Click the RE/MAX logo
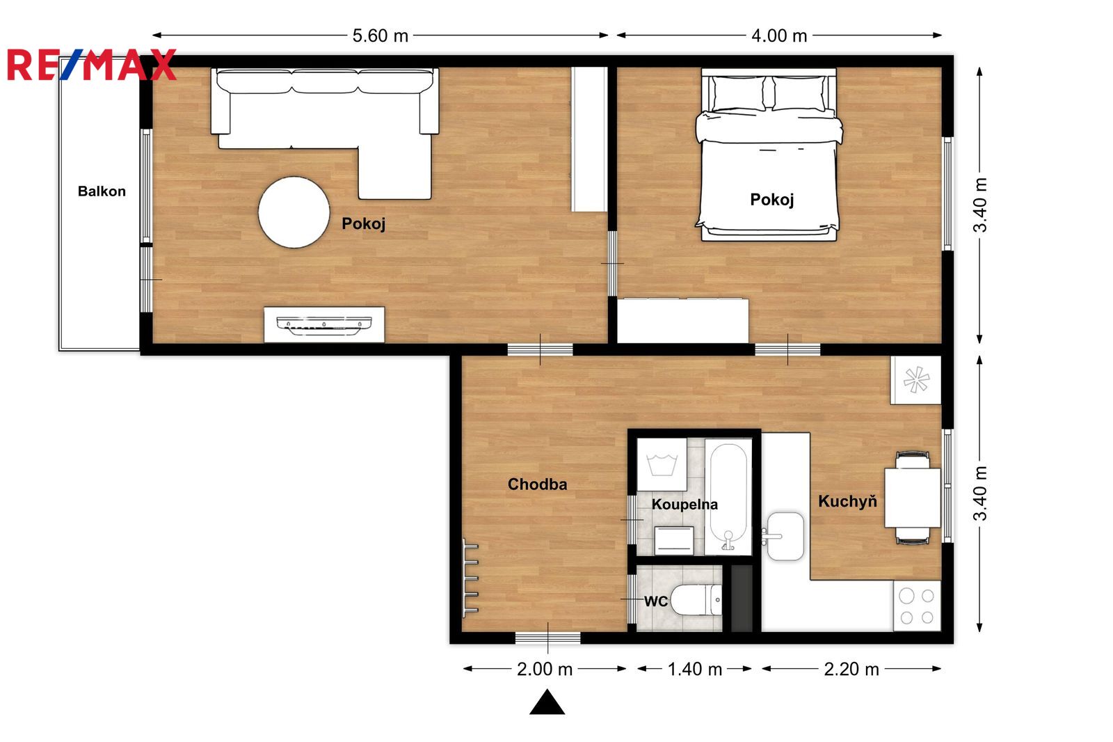[x=91, y=65]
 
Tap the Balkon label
[x=102, y=191]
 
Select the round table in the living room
[x=294, y=212]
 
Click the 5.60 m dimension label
[x=380, y=35]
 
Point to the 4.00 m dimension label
[x=778, y=35]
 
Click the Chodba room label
[x=537, y=484]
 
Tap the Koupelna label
[x=684, y=505]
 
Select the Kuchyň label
[x=848, y=500]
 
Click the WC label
[x=656, y=602]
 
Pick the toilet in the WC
[x=696, y=600]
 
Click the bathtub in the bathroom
[x=728, y=497]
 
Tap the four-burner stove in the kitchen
[x=917, y=606]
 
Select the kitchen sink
[x=785, y=536]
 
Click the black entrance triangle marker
[x=547, y=702]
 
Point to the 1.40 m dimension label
[x=695, y=670]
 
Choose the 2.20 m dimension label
[x=851, y=670]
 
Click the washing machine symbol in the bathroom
[x=662, y=464]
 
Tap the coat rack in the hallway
[x=470, y=578]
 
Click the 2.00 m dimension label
[x=545, y=670]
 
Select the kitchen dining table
[x=912, y=498]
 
